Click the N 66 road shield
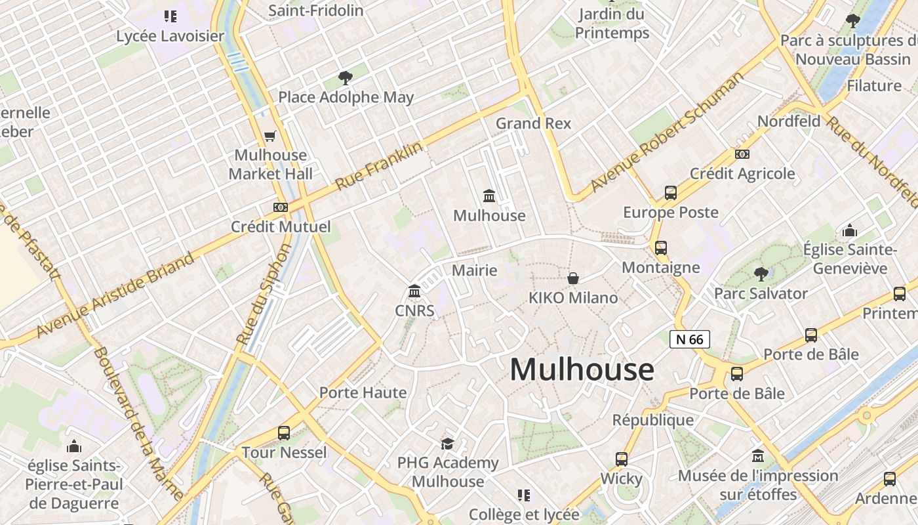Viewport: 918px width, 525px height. tap(689, 339)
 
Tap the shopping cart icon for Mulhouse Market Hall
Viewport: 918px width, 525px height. tap(269, 136)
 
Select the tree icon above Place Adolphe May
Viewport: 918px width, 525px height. tap(346, 79)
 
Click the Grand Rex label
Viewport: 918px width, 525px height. tap(533, 123)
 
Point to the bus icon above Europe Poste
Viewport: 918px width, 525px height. tap(670, 193)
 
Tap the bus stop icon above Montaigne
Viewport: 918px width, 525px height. tap(660, 248)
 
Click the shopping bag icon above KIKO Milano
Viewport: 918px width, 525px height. tap(573, 278)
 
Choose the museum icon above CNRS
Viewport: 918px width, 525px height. tap(414, 291)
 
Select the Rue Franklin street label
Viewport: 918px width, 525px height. tap(379, 166)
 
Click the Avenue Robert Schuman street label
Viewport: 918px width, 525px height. tap(668, 131)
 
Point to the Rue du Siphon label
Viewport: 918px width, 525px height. tap(264, 295)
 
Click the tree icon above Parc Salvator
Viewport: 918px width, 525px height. tap(761, 274)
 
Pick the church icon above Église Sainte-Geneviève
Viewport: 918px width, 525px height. tap(850, 230)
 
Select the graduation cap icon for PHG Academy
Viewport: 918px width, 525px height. tap(447, 444)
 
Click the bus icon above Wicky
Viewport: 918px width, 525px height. tap(621, 459)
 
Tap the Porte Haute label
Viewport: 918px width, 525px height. tap(363, 392)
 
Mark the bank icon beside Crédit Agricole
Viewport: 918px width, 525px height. tap(742, 154)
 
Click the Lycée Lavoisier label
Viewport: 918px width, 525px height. tap(170, 36)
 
